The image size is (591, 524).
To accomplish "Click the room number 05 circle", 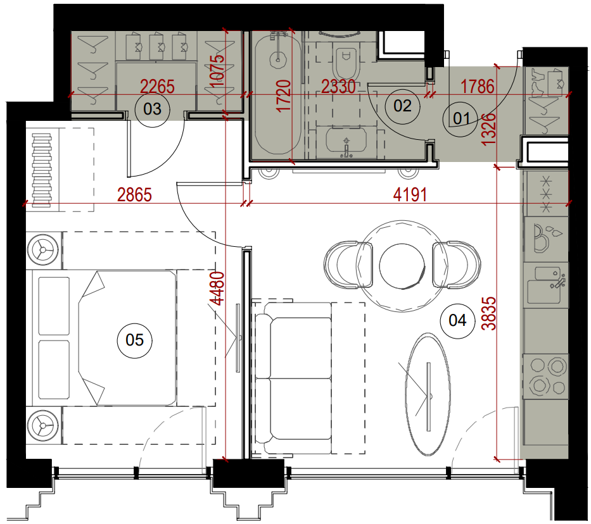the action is [134, 340].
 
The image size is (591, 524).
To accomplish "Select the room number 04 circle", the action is [457, 321].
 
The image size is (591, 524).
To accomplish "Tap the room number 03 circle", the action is [152, 109].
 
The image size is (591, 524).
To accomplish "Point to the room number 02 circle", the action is [402, 106].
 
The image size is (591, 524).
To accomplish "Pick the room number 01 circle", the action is [461, 118].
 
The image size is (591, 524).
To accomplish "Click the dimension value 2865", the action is [134, 195].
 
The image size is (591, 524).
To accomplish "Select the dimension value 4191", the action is [410, 195].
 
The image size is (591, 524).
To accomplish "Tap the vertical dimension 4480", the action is [218, 289].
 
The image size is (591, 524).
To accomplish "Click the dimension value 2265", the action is [158, 87].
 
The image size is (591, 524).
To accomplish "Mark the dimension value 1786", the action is [478, 87].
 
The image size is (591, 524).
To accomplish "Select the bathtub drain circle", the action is [278, 59].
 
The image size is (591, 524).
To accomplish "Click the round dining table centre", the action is [402, 266].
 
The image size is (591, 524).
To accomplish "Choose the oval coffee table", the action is [428, 394].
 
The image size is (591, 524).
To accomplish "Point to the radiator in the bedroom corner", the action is [41, 170].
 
